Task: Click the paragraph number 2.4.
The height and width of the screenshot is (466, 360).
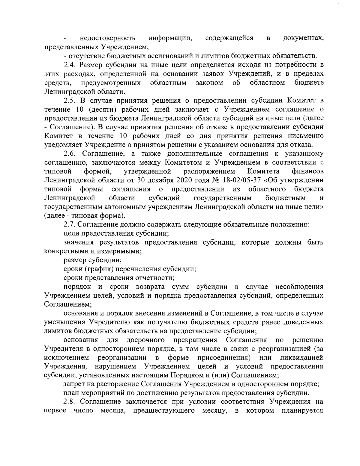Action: click(71, 65)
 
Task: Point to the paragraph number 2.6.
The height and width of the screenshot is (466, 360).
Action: click(71, 154)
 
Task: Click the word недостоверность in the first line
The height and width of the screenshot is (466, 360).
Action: click(107, 38)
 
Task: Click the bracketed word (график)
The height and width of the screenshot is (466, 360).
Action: click(104, 269)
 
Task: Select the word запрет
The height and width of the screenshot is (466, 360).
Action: click(74, 384)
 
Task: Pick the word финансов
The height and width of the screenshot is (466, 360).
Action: click(307, 172)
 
